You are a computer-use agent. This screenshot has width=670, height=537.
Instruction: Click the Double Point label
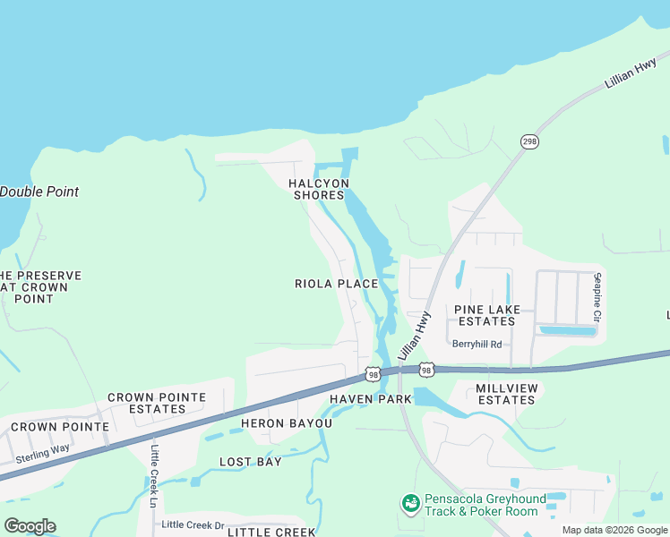pos(39,192)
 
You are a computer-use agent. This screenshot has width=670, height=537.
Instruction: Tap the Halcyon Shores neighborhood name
pos(317,189)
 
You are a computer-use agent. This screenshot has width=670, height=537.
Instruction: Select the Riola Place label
pos(337,284)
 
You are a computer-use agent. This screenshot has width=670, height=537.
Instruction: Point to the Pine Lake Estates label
pos(485,315)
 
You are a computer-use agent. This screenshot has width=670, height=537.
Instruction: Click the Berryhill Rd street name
pos(477,344)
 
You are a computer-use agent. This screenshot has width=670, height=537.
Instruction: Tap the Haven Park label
pos(370,399)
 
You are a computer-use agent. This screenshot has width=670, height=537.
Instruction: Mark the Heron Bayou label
pos(286,423)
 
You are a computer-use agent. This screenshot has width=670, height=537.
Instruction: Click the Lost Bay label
pos(251,462)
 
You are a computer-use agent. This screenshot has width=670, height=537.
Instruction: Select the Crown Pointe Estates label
pos(157,403)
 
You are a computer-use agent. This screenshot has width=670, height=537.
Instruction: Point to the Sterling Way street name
pos(44,453)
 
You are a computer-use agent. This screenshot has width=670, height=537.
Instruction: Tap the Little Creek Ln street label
pos(154,472)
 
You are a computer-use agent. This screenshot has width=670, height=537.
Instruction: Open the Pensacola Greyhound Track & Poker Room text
pos(483,505)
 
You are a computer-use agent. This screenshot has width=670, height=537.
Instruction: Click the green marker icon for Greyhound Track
pos(411,504)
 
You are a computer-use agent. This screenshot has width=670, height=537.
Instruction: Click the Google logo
pos(30,526)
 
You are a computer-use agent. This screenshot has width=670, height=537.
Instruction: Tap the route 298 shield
pos(529,141)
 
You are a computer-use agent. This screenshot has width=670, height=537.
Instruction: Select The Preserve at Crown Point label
pos(39,286)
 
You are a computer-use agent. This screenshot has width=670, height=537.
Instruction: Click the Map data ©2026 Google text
pos(614,530)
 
